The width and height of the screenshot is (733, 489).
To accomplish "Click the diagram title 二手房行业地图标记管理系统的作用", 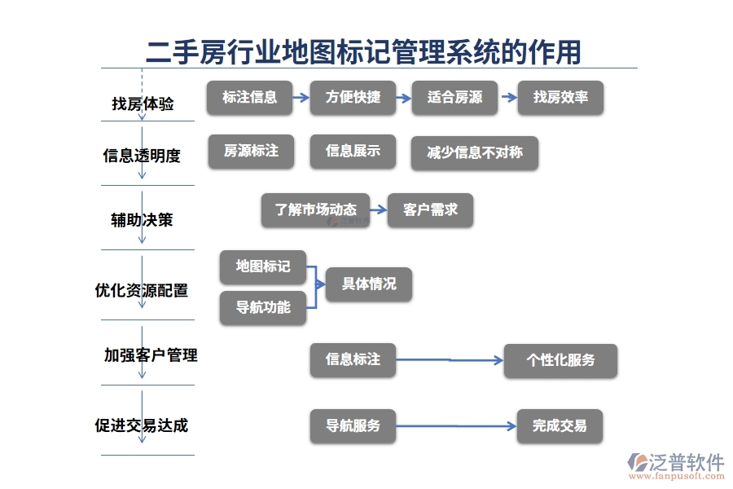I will (x=363, y=51).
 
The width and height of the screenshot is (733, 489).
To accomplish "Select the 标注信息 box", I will (x=250, y=97).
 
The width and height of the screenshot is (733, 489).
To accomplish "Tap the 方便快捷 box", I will (x=353, y=97).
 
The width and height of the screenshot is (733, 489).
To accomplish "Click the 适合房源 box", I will (x=454, y=97).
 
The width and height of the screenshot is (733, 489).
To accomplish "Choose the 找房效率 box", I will (x=560, y=97).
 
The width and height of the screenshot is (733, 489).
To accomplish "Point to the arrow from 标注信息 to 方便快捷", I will (x=301, y=97).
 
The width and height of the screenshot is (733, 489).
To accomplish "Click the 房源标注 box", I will (x=251, y=152).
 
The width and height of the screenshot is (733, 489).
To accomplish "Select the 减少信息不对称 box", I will (x=474, y=152).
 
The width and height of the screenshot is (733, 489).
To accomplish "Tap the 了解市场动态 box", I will (x=315, y=209).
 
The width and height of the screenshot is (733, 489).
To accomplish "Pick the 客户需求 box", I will (x=430, y=209).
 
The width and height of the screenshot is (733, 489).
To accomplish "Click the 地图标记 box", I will (x=262, y=267).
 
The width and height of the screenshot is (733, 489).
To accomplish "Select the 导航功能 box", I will (x=262, y=307).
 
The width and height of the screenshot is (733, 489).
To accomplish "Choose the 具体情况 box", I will (x=368, y=284).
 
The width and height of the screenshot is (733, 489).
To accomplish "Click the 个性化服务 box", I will (x=560, y=360).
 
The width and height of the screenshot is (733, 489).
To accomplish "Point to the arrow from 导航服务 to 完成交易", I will (x=456, y=425).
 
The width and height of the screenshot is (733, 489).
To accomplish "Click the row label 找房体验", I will (x=143, y=104).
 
